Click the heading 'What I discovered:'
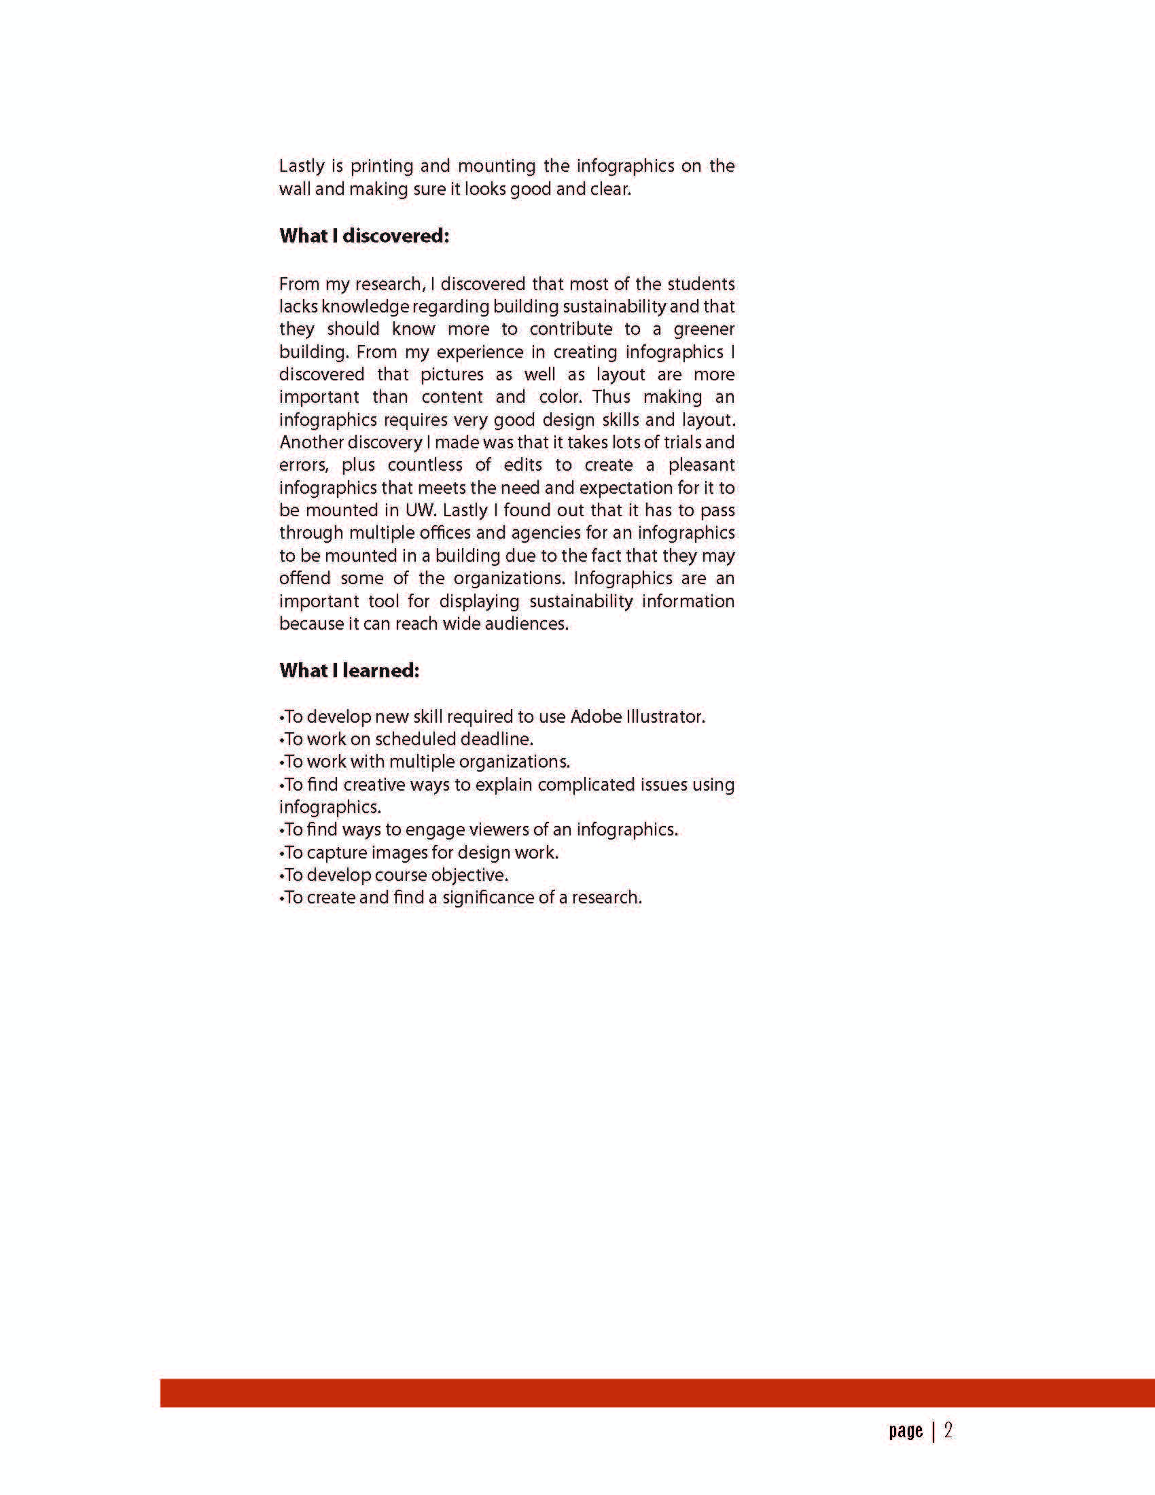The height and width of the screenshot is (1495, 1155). (x=364, y=236)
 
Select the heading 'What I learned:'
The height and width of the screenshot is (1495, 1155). (x=349, y=670)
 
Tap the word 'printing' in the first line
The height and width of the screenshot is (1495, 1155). (x=382, y=166)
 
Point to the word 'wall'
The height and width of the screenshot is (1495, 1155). (x=294, y=189)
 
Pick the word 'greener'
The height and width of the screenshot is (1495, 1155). (x=704, y=329)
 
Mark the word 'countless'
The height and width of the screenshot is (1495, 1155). (x=425, y=465)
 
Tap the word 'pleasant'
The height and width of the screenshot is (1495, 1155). (x=701, y=465)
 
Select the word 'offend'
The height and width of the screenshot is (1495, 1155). (x=304, y=579)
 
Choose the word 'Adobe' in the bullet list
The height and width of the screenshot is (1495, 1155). (x=595, y=717)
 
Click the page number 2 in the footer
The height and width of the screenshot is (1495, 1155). (x=948, y=1430)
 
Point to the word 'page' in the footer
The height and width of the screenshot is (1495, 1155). (x=906, y=1431)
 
